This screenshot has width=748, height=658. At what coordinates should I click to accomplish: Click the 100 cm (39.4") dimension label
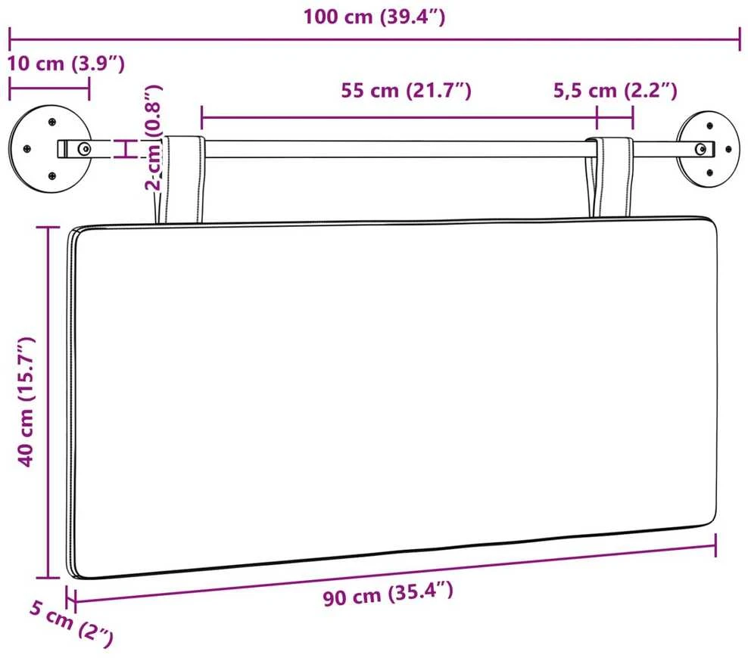tap(374, 17)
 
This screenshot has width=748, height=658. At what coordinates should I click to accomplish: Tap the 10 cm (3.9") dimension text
tap(66, 64)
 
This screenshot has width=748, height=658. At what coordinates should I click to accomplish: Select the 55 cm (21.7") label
tap(406, 90)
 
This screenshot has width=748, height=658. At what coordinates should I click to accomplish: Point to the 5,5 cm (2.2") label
tap(615, 90)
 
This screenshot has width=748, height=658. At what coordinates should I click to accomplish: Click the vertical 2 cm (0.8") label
tap(154, 138)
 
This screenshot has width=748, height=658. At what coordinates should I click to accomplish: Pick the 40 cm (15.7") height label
tap(26, 402)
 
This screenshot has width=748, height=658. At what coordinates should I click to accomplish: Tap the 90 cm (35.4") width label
tap(388, 594)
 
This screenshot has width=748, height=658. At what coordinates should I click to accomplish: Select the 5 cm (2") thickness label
tap(72, 623)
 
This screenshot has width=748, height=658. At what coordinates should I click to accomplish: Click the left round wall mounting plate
tap(50, 149)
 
